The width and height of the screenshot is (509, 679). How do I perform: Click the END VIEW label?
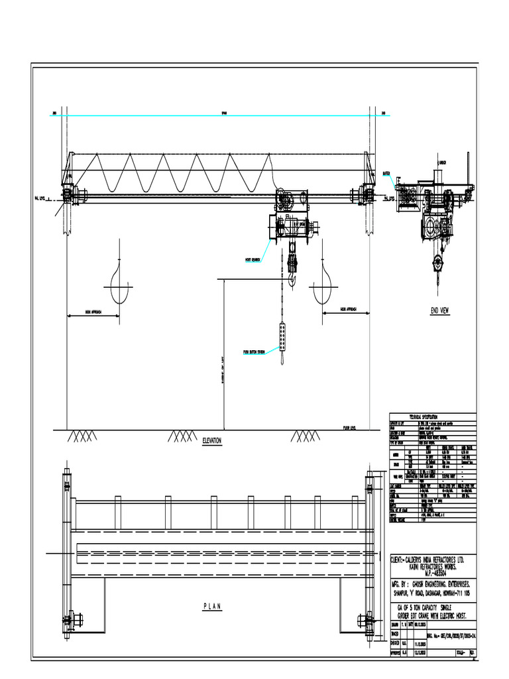439,310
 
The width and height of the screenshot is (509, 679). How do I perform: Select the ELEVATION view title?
211,440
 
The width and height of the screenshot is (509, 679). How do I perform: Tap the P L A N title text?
211,606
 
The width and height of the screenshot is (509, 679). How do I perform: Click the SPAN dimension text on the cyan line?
223,113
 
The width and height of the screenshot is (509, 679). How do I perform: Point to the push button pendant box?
283,338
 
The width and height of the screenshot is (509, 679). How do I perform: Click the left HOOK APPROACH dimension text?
89,310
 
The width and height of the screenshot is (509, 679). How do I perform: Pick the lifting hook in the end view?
437,263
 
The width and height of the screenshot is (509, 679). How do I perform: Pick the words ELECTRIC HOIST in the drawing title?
449,616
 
